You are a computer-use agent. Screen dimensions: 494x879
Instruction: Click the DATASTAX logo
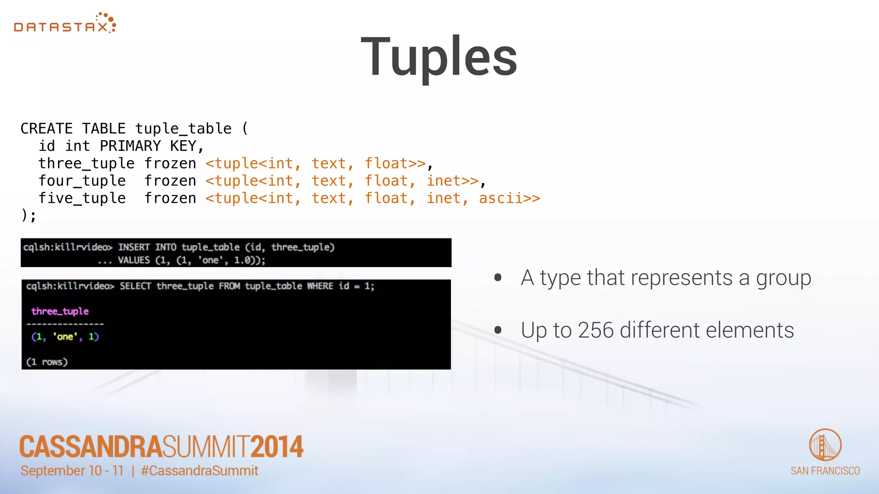point(65,24)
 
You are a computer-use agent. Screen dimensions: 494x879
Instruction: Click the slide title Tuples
point(439,57)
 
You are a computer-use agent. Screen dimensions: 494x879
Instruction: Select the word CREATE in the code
point(46,129)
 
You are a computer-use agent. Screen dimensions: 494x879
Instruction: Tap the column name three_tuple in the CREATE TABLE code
point(86,163)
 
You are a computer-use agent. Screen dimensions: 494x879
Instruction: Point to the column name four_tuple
point(82,181)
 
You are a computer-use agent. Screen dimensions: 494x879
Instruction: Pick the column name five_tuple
point(82,198)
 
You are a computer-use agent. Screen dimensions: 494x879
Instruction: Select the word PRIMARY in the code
point(130,146)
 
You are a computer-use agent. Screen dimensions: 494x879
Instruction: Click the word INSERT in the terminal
point(133,247)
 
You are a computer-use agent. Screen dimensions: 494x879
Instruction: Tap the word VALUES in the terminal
point(133,260)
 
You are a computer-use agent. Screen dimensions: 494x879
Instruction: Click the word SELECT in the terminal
point(135,286)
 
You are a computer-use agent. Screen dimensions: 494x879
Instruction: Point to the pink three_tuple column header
point(60,311)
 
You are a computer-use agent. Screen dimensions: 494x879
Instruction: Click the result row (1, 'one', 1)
point(65,337)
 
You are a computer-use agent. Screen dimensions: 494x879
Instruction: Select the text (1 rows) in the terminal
point(47,362)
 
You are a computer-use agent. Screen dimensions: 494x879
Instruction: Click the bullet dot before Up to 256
point(498,330)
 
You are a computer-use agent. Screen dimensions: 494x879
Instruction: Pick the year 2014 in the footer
point(277,447)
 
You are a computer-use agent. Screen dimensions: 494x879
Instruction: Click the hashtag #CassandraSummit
point(200,471)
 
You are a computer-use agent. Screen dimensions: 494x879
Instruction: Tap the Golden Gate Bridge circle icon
point(825,445)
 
